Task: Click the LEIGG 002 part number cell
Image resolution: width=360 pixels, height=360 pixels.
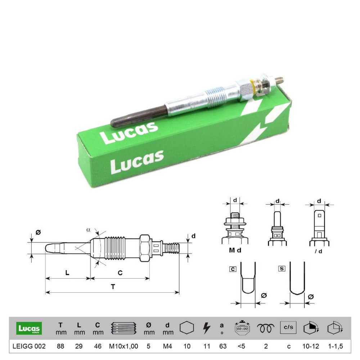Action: click(x=29, y=346)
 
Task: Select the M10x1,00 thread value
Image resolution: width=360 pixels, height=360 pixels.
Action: click(x=123, y=346)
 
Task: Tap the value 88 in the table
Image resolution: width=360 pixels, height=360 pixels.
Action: click(x=60, y=346)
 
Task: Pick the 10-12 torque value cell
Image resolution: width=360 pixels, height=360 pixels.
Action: click(x=311, y=346)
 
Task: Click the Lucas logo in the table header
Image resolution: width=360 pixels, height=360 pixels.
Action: click(x=29, y=328)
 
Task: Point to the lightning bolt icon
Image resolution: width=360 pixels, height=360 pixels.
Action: click(x=207, y=328)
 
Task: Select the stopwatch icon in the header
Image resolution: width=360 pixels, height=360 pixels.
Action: click(x=242, y=328)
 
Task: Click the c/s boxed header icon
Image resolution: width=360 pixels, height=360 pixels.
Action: click(x=288, y=327)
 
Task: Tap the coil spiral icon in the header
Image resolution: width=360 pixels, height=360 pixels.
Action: click(x=266, y=328)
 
